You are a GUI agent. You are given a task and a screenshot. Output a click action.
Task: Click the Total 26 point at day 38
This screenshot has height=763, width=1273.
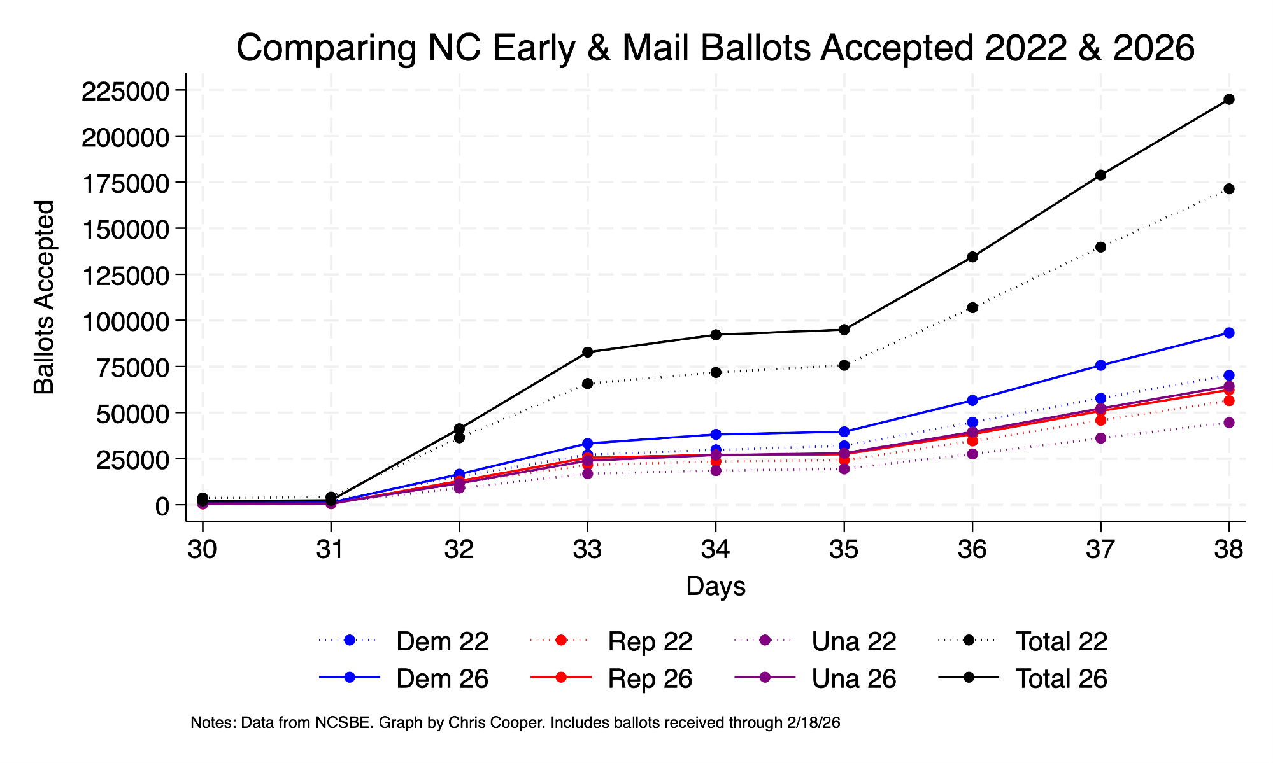coord(1228,99)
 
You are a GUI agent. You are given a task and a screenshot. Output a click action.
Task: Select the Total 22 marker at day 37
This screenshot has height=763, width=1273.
coord(1100,247)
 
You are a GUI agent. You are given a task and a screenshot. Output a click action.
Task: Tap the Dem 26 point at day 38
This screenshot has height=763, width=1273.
coord(1228,333)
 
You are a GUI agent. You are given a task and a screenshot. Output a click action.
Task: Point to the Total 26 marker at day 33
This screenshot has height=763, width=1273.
coord(587,352)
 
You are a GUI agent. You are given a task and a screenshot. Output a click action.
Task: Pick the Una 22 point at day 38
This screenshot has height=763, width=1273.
coord(1228,423)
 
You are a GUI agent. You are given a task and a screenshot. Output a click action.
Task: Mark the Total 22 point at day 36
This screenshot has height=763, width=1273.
coord(972,307)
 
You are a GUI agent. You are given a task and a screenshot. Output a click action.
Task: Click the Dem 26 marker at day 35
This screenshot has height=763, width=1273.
coord(844,431)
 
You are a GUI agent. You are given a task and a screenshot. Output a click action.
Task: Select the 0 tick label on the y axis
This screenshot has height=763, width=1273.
coord(162,506)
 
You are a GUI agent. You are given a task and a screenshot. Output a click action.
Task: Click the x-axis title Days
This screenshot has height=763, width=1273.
coord(716,586)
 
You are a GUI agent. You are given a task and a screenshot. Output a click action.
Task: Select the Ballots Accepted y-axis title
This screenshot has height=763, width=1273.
coord(45,297)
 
